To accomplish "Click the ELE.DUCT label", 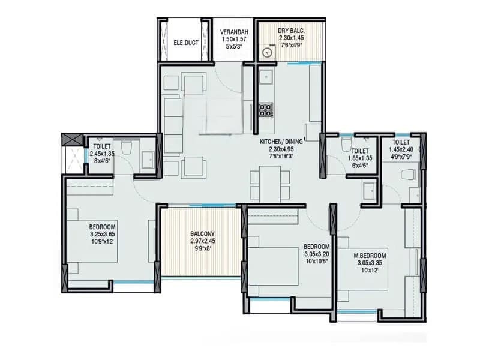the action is tap(186, 43).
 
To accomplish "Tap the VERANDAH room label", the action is tap(234, 32).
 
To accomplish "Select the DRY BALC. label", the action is tap(291, 31).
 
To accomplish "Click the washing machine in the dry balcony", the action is tap(268, 52).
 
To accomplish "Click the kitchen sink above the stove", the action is tap(266, 77).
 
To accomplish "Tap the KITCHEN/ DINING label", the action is tap(281, 142).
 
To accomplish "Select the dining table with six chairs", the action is tap(269, 184).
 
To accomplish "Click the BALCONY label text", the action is tap(202, 233).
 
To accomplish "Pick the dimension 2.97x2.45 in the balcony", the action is tap(203, 241).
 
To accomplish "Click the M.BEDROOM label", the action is tap(370, 256).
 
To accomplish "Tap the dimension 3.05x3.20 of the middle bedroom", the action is tap(317, 254).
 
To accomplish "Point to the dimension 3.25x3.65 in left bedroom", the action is tap(102, 234).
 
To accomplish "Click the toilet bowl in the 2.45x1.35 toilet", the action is tap(126, 148).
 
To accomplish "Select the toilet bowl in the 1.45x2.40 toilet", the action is tap(409, 175).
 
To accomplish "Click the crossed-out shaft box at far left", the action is tap(72, 140).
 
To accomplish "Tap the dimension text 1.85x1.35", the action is tap(360, 158).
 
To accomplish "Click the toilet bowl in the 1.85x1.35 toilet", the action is tap(346, 144).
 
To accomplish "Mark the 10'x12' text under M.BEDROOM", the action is tap(370, 271).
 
